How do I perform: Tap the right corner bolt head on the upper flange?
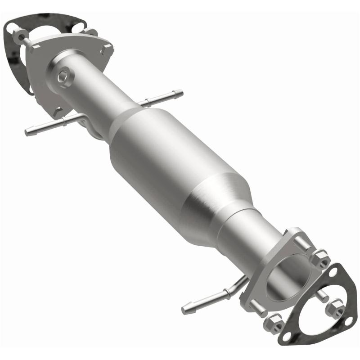[107, 50]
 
